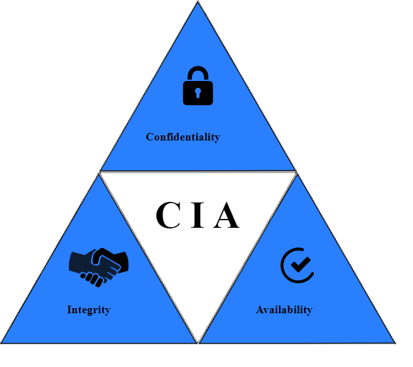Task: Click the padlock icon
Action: click(198, 86)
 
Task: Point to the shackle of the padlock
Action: click(198, 72)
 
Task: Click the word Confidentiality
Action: click(183, 137)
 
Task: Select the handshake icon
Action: click(99, 266)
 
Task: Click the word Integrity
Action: click(88, 309)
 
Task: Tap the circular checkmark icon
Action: click(296, 265)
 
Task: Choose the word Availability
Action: click(284, 309)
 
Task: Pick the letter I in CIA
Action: click(198, 215)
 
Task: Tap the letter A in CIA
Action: click(226, 215)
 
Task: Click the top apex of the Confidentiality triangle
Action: click(198, 3)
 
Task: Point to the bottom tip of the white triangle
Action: click(198, 342)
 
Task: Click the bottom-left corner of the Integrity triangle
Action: click(3, 342)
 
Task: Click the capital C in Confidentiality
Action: click(150, 137)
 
